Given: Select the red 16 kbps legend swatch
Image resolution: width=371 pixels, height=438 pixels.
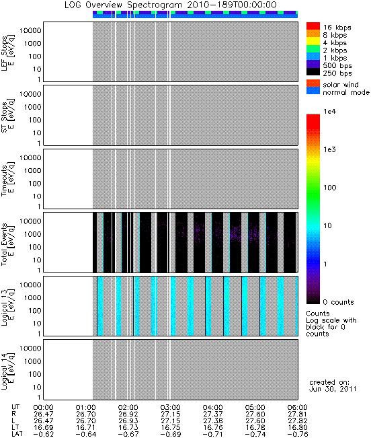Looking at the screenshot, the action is tap(313, 26).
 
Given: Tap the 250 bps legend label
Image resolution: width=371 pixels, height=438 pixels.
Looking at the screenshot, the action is tap(337, 73).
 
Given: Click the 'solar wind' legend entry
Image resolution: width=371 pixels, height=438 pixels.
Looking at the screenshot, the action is tap(341, 85).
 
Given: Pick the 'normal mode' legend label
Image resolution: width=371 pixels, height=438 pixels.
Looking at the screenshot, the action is tap(346, 92).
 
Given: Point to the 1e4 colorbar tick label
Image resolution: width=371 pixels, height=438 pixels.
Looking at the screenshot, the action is tap(330, 112).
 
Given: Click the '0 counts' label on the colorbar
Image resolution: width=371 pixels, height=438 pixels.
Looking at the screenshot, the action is tap(338, 302).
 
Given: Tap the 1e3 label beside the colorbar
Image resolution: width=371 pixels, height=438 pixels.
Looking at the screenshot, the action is tap(330, 149).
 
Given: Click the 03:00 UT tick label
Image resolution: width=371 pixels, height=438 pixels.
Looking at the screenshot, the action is tap(170, 407).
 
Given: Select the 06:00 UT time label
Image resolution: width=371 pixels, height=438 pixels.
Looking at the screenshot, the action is tap(297, 407).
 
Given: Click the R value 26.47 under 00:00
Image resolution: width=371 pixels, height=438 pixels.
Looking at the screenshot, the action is tap(43, 414).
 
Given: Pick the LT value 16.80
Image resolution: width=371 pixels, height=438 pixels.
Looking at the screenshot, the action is tap(297, 427).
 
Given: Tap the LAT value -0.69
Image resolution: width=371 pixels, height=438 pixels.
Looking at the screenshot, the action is tap(171, 434).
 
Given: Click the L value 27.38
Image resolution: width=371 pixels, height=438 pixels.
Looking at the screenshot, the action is tap(212, 421).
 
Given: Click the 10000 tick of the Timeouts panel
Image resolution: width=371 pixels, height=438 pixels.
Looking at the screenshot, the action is tap(30, 157).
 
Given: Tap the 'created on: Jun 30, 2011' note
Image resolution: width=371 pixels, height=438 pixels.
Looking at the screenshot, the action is tap(333, 386).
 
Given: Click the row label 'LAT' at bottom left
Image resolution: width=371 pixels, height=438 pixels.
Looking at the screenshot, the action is tap(17, 434).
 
